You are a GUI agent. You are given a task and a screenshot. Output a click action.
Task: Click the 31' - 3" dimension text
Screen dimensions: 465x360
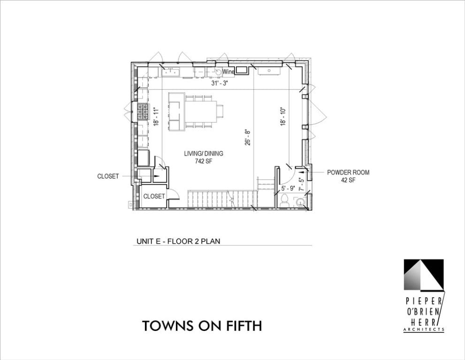220,83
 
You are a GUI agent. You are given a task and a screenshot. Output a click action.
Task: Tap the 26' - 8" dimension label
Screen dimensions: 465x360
248,137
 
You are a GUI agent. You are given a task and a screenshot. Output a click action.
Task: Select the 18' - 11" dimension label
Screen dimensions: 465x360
156,116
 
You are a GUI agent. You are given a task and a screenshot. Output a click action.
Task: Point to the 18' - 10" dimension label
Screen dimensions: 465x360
283,116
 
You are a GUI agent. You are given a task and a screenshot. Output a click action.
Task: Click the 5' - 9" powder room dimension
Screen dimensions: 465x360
288,188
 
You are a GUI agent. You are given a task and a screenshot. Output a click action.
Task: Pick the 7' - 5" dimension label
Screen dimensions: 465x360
301,184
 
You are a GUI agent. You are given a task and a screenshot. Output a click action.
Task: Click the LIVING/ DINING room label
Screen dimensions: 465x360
204,153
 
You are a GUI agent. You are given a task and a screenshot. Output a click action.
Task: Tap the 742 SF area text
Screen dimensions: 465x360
204,161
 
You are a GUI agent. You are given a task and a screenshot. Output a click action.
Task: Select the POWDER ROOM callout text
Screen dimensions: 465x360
348,172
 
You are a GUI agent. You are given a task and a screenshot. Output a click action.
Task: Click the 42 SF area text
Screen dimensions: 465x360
348,180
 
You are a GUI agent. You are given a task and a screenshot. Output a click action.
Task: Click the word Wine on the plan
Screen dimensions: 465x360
229,72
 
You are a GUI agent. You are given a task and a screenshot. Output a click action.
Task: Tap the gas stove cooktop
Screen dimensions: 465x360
143,112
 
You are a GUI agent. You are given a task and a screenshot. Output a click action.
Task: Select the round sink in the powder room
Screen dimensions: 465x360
300,202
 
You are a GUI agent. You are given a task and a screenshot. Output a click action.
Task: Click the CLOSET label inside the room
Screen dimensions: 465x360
154,196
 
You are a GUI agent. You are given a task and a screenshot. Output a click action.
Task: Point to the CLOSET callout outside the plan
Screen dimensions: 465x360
108,176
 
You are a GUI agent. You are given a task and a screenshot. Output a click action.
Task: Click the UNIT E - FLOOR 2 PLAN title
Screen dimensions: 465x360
178,241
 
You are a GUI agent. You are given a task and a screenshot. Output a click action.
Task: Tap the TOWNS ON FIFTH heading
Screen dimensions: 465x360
202,326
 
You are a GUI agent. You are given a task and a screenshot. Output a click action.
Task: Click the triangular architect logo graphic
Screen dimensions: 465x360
424,275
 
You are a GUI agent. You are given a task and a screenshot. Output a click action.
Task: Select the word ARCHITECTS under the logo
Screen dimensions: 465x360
424,329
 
